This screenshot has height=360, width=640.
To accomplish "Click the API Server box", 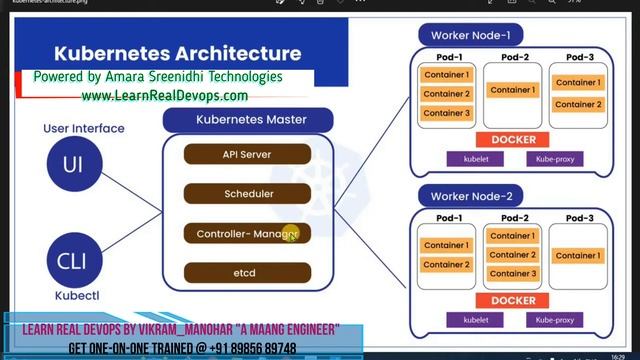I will pyautogui.click(x=247, y=155).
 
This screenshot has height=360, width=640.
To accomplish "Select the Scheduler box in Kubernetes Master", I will pyautogui.click(x=247, y=194).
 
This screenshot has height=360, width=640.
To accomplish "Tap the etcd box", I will pyautogui.click(x=247, y=272).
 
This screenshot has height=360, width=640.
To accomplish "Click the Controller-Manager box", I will pyautogui.click(x=247, y=233).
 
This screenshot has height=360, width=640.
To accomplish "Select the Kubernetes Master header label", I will pyautogui.click(x=250, y=120).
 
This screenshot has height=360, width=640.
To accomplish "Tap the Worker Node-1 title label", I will pyautogui.click(x=470, y=36).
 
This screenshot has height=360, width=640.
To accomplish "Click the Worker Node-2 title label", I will pyautogui.click(x=470, y=196).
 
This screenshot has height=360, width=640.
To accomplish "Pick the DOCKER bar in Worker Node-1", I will pyautogui.click(x=513, y=140).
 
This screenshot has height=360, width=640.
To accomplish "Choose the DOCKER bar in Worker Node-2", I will pyautogui.click(x=513, y=300).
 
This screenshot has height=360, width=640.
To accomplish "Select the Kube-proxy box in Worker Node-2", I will pyautogui.click(x=554, y=320).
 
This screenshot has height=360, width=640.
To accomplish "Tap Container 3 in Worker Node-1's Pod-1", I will pyautogui.click(x=446, y=113).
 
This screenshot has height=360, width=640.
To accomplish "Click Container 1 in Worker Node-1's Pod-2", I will pyautogui.click(x=512, y=90).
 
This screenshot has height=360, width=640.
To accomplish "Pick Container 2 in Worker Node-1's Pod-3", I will pyautogui.click(x=578, y=104).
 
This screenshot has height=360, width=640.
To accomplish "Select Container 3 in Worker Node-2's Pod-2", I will pyautogui.click(x=512, y=273).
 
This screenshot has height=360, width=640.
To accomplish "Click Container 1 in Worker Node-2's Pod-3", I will pyautogui.click(x=578, y=255).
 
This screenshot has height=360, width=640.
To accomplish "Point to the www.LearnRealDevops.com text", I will pyautogui.click(x=165, y=96).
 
